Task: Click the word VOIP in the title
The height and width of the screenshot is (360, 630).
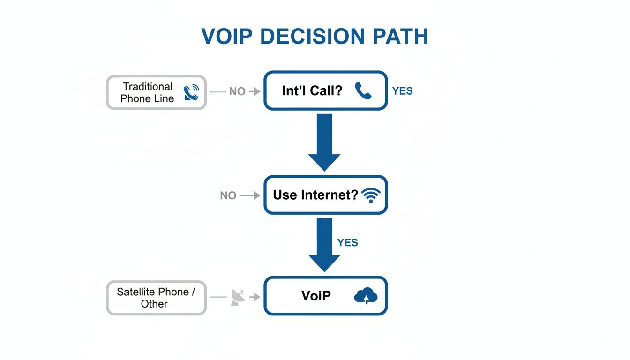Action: click(x=227, y=37)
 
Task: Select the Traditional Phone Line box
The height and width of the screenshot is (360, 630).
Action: click(x=156, y=92)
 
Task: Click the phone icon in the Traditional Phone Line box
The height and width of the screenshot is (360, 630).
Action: click(x=192, y=92)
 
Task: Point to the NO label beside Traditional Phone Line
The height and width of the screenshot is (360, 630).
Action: click(x=237, y=92)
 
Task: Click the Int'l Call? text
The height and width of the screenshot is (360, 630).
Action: click(x=312, y=91)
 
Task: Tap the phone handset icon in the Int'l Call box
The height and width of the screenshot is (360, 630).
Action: click(x=363, y=91)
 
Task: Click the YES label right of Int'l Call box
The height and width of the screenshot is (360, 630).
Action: click(x=402, y=91)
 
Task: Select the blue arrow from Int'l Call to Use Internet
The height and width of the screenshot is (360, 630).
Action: click(x=324, y=142)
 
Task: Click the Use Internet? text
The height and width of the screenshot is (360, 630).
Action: click(x=315, y=195)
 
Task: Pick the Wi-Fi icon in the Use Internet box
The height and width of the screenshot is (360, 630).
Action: click(x=371, y=195)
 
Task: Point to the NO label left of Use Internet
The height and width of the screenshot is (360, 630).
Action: click(x=228, y=195)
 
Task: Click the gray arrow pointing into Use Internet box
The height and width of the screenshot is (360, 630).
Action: click(x=250, y=195)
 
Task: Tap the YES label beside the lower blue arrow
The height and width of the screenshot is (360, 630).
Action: click(x=347, y=242)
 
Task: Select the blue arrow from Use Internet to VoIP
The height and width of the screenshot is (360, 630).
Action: click(x=324, y=245)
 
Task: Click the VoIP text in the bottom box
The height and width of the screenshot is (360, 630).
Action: click(x=316, y=295)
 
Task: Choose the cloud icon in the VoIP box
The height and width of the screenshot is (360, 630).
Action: click(x=366, y=296)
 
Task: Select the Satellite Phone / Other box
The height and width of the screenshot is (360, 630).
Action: click(x=156, y=298)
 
